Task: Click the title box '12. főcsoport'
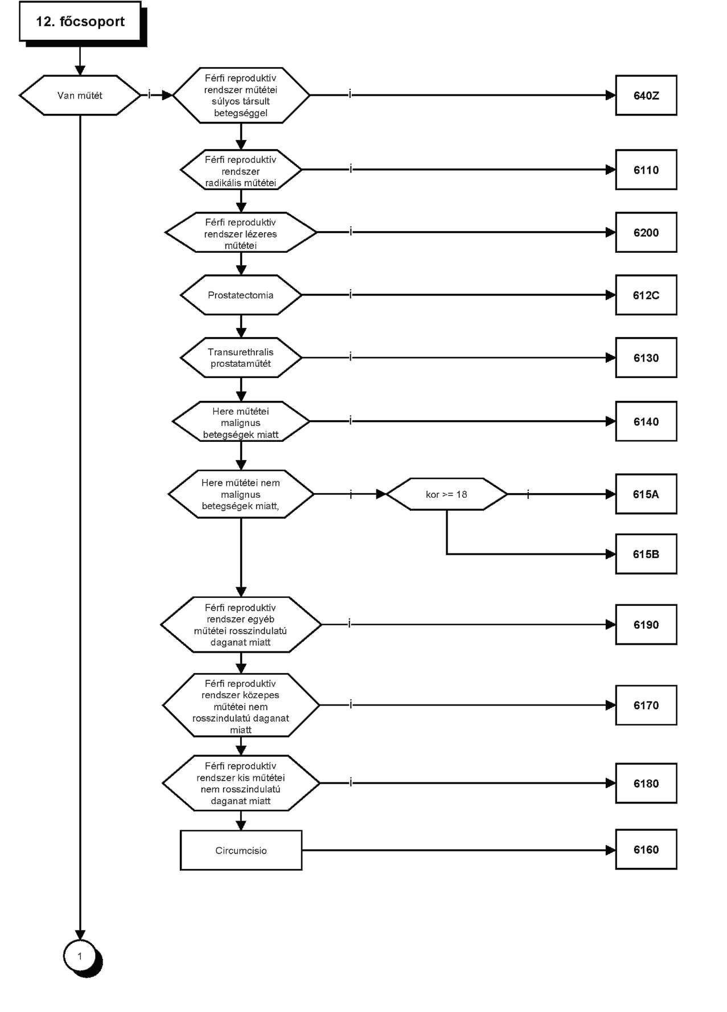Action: [80, 22]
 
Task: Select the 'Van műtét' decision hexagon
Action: [80, 95]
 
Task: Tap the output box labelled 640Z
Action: [646, 95]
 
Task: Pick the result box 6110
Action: [646, 170]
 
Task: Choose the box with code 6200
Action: [646, 232]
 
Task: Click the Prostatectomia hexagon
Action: [241, 295]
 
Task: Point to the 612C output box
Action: [646, 295]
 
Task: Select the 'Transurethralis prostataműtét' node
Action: [241, 358]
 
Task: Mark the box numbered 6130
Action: [646, 358]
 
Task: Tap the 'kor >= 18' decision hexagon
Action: [446, 494]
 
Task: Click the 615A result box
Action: [646, 494]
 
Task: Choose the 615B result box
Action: [646, 554]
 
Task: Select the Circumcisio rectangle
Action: [241, 850]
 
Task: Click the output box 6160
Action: [646, 849]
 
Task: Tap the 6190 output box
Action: [646, 624]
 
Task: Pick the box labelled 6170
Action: [646, 705]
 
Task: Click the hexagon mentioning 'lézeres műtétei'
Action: [241, 232]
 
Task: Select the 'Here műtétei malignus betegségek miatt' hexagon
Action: [241, 421]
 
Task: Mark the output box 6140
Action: [646, 421]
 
